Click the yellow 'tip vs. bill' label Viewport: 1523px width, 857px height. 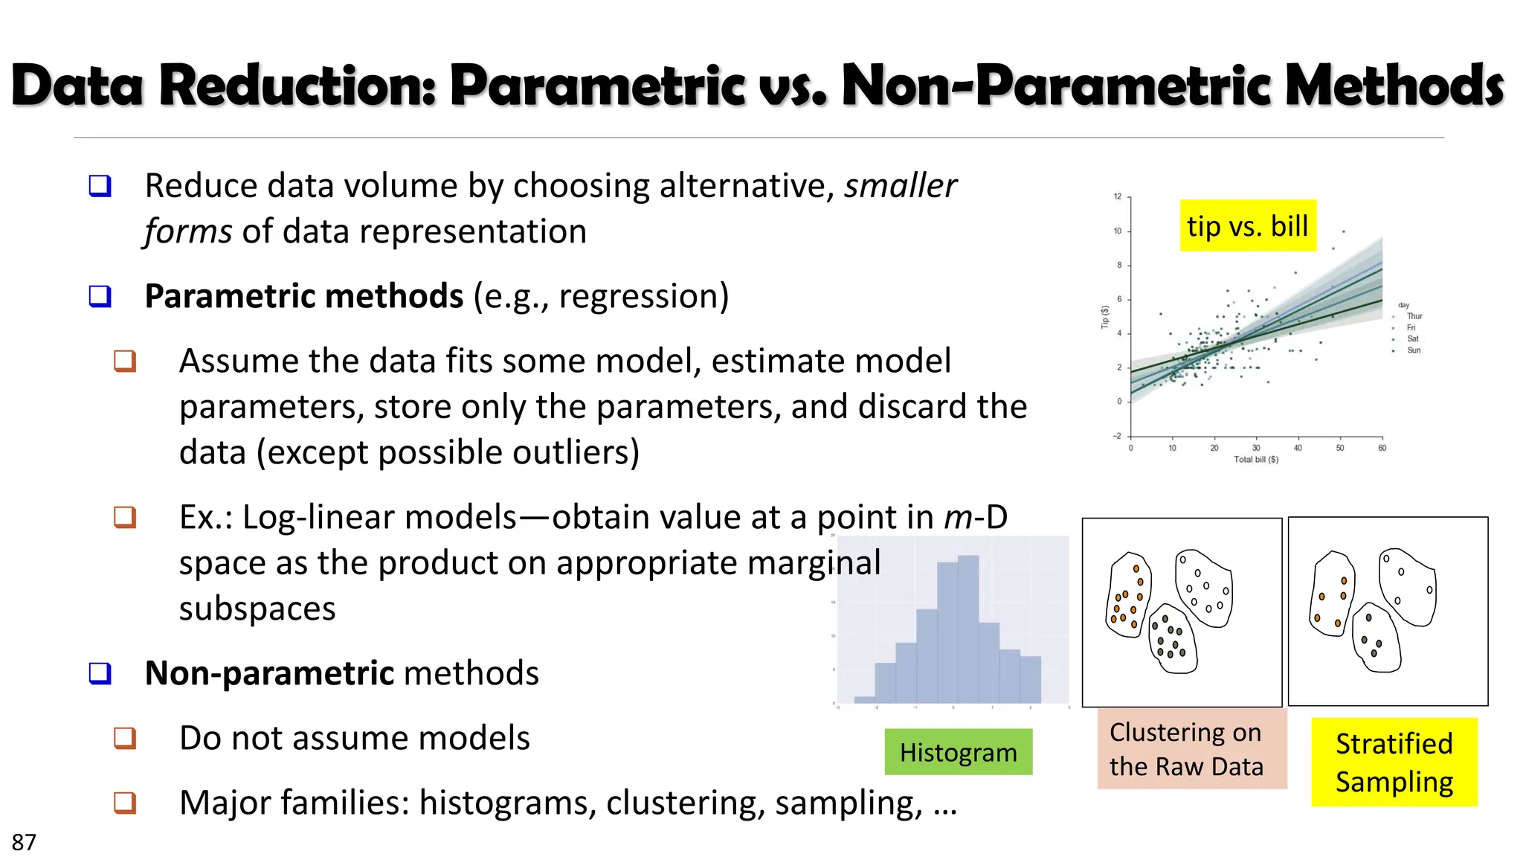1247,225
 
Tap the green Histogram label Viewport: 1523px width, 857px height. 958,752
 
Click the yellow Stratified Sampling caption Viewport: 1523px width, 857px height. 1394,762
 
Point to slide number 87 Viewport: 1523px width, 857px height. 24,842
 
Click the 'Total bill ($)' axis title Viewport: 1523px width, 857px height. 1256,460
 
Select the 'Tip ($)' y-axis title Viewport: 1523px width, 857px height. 1105,317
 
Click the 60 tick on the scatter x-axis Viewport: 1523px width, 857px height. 1382,448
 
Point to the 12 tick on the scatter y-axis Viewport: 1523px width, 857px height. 1117,196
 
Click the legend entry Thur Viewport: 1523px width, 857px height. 1414,316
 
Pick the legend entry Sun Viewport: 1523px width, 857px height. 1413,350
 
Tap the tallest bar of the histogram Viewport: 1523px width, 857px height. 968,629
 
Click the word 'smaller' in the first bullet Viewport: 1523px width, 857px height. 900,185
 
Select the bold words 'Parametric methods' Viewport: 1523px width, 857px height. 303,296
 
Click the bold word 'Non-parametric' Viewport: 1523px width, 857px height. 269,673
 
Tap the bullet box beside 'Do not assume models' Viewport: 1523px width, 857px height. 125,738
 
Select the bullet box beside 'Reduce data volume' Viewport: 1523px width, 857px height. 100,185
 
